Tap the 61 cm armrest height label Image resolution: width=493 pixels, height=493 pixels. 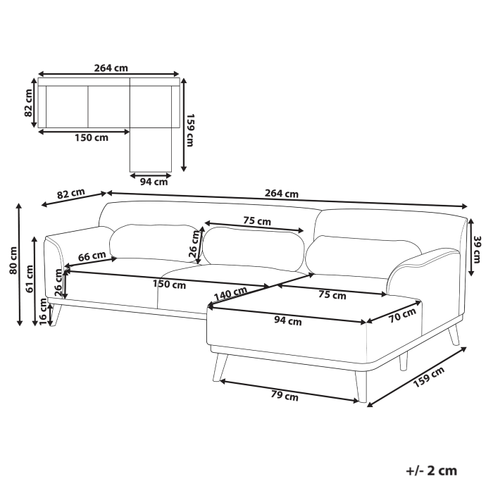[x=30, y=278]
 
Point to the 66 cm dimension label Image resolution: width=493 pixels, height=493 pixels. [x=92, y=256]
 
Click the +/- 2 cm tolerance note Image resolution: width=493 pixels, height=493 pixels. [x=432, y=470]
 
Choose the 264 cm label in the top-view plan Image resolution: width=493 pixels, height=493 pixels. [x=111, y=68]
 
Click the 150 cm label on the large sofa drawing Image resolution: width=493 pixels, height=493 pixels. [x=169, y=285]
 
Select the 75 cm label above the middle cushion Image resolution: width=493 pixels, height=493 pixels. [x=257, y=221]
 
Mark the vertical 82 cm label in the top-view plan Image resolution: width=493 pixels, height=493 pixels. [x=29, y=103]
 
